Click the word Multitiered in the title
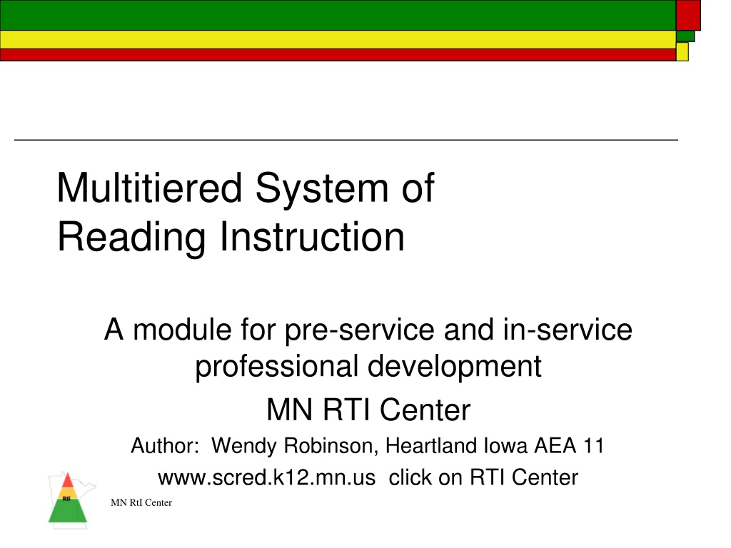tap(149, 188)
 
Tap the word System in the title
tap(322, 188)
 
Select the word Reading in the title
tap(131, 238)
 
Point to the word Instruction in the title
tap(312, 237)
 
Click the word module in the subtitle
tap(182, 330)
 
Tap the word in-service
tap(568, 330)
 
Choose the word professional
tap(276, 367)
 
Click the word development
tap(455, 367)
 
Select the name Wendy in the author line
tap(244, 446)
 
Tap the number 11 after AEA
tap(593, 446)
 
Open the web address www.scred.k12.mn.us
tap(267, 478)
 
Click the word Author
tap(165, 446)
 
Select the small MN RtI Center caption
tap(141, 503)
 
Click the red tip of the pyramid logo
tap(68, 481)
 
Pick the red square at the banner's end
tap(688, 16)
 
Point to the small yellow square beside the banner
tap(682, 51)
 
